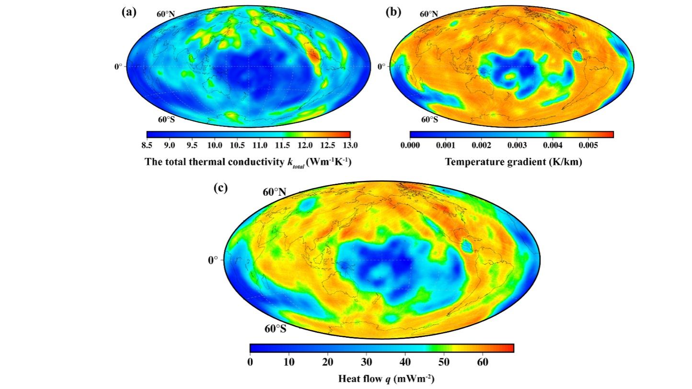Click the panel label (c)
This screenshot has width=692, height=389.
[x=220, y=188]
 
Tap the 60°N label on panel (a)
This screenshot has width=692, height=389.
[x=165, y=13]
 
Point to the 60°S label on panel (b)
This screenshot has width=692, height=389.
[x=429, y=119]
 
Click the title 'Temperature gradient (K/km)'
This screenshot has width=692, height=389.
[x=513, y=162]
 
